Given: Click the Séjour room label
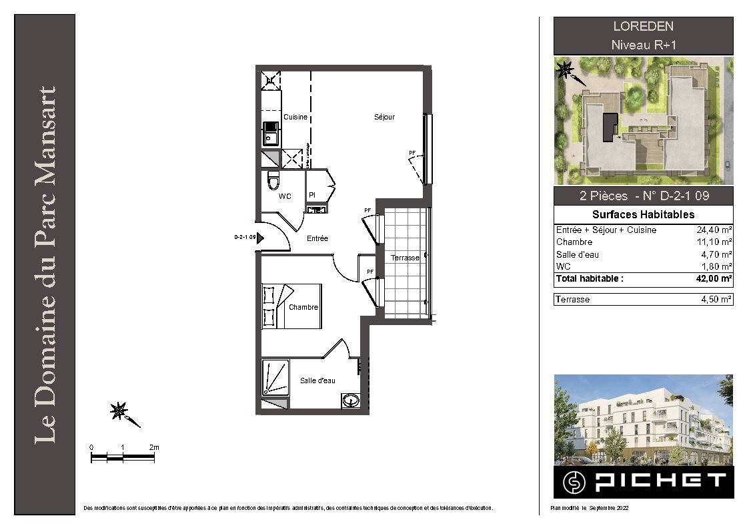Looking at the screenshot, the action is pyautogui.click(x=385, y=117).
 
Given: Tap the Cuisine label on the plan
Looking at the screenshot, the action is pyautogui.click(x=295, y=117).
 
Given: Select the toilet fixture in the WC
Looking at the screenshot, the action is pyautogui.click(x=273, y=180).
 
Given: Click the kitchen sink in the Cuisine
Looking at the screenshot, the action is pyautogui.click(x=271, y=134).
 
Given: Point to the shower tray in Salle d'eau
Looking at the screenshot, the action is pyautogui.click(x=275, y=378).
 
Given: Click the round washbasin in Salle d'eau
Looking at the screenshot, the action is pyautogui.click(x=351, y=400).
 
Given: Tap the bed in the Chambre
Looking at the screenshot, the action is pyautogui.click(x=291, y=306).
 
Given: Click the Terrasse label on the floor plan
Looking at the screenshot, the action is pyautogui.click(x=405, y=258).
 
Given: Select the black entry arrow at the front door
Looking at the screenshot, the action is pyautogui.click(x=260, y=238).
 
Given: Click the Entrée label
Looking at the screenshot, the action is pyautogui.click(x=317, y=238).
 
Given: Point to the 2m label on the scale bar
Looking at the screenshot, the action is pyautogui.click(x=154, y=447).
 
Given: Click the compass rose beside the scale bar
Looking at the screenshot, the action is pyautogui.click(x=119, y=411).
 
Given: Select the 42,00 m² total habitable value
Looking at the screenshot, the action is pyautogui.click(x=714, y=278).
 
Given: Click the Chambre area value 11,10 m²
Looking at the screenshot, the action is pyautogui.click(x=714, y=242).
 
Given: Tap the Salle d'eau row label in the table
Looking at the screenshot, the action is pyautogui.click(x=577, y=254).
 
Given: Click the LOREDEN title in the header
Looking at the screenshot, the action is pyautogui.click(x=644, y=26).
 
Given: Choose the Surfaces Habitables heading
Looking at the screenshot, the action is pyautogui.click(x=644, y=214).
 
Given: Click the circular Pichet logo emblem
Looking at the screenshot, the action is pyautogui.click(x=574, y=482).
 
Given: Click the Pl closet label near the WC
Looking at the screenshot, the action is pyautogui.click(x=312, y=195).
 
